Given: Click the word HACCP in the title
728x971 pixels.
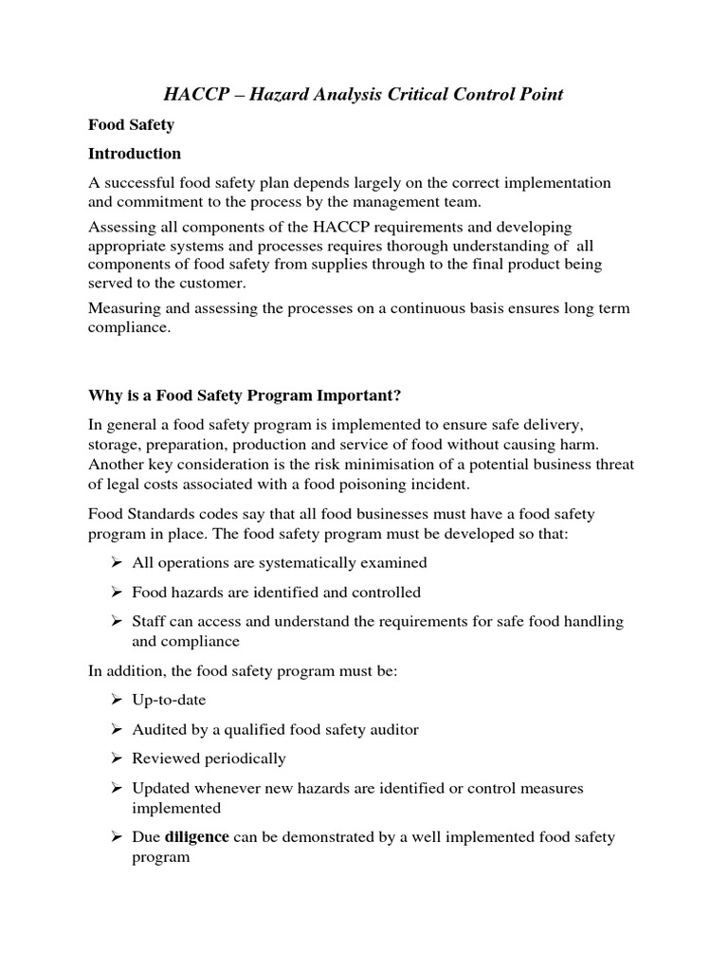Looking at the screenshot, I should tap(191, 94).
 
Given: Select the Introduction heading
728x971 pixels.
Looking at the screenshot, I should tap(134, 153).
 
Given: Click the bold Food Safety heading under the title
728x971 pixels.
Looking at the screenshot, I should tap(124, 124).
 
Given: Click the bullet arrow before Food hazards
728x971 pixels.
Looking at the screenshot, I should tap(115, 592).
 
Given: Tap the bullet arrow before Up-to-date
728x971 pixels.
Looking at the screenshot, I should tap(115, 700).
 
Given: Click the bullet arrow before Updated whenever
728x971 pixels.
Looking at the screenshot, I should tap(115, 788).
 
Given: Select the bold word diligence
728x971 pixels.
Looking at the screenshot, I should tap(197, 837).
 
